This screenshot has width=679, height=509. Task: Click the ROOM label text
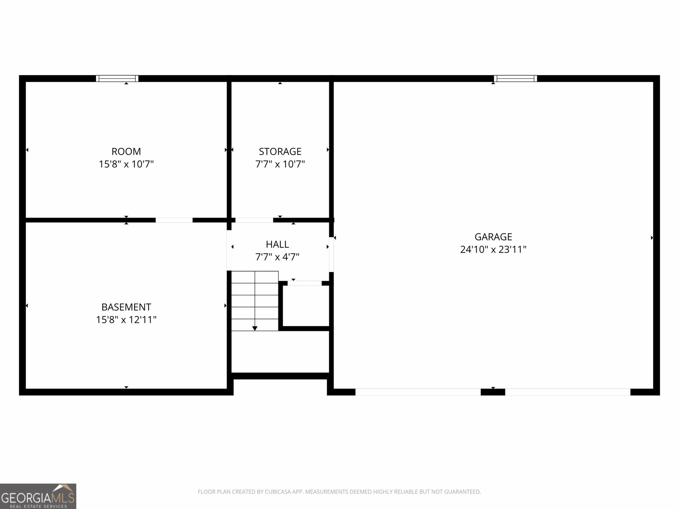pos(126,151)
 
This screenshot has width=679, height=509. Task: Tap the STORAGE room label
pos(280,151)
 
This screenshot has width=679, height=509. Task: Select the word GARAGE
pos(493,237)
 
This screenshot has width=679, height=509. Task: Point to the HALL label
pos(277,244)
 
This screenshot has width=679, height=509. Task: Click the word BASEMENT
pos(126,307)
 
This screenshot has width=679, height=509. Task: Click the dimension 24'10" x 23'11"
pos(493,249)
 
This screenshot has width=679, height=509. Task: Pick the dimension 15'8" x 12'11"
pos(126,320)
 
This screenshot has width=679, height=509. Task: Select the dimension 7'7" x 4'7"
pos(277,257)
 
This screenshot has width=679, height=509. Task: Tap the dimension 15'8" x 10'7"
pos(126,164)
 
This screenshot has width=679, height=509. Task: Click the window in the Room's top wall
pos(117,78)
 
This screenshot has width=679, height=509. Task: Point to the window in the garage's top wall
pos(515,78)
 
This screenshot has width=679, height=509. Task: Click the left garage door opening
pos(418,392)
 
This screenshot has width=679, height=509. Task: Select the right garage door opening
pos(567,392)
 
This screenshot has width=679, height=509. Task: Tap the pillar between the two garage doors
pos(493,392)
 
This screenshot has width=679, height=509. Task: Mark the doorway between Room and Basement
pos(174,220)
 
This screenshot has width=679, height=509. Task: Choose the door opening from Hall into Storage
pos(254,220)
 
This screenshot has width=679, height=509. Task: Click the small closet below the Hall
pos(306,305)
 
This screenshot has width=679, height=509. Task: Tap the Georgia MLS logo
pos(38,496)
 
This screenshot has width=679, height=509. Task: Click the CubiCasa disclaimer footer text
pos(339,492)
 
